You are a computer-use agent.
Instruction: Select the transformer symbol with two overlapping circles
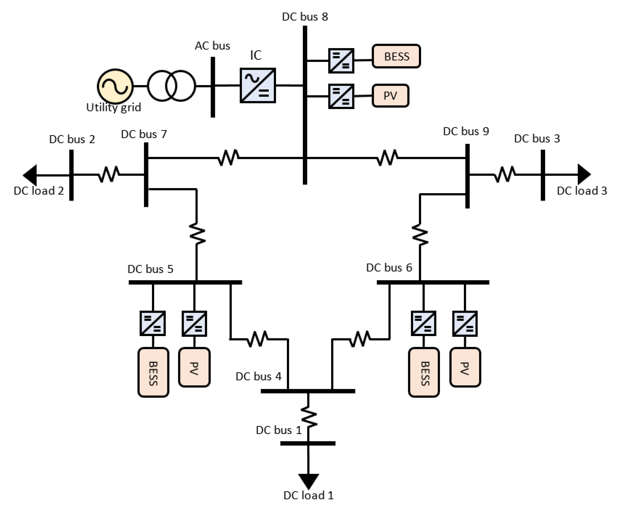[171, 86]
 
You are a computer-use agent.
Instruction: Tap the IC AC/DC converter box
[258, 86]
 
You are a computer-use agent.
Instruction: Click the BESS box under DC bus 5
[153, 373]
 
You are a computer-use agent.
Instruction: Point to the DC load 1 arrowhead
[308, 481]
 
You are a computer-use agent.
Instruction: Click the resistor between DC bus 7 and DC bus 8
[229, 158]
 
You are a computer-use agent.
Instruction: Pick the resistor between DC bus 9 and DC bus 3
[505, 175]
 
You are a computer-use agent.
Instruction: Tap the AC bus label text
[212, 46]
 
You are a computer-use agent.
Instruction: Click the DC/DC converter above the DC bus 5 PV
[194, 324]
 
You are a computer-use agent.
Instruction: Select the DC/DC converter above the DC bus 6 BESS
[423, 324]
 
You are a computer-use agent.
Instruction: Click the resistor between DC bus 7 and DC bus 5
[197, 234]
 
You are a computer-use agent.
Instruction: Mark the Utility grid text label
[114, 107]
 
